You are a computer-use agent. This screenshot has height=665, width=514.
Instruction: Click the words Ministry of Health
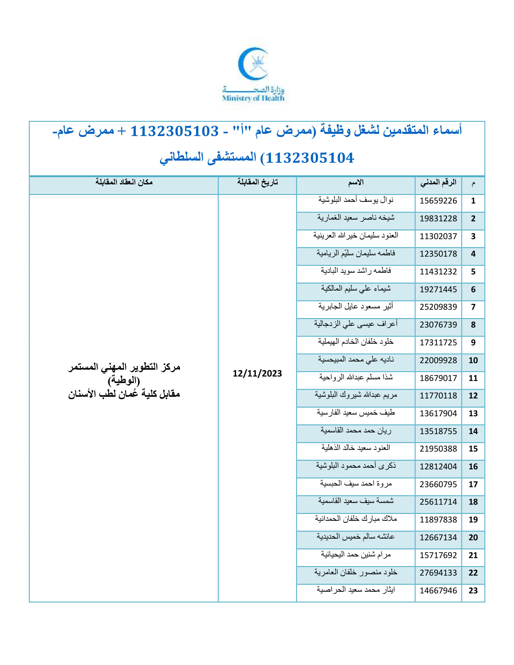[253, 98]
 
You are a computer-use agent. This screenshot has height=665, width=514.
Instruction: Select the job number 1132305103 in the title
[175, 131]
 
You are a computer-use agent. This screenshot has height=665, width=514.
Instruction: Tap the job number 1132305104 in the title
[310, 158]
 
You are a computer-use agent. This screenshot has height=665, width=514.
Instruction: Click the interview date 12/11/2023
[257, 373]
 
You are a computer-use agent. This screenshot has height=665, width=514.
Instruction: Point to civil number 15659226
[438, 201]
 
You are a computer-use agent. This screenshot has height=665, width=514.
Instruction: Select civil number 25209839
[438, 307]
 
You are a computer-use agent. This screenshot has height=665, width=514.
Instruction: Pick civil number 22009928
[438, 360]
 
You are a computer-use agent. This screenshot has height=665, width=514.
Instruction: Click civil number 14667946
[438, 591]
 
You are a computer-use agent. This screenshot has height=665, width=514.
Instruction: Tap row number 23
[473, 591]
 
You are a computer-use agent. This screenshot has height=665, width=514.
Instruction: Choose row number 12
[473, 396]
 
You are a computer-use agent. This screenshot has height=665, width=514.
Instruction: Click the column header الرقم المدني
[438, 183]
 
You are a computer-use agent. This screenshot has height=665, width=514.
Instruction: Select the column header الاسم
[356, 183]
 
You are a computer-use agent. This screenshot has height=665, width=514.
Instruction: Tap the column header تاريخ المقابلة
[257, 183]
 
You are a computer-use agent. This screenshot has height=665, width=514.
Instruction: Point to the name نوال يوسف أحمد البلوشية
[356, 200]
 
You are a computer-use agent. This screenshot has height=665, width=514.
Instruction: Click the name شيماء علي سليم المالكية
[356, 289]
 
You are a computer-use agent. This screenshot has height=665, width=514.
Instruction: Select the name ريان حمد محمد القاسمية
[356, 430]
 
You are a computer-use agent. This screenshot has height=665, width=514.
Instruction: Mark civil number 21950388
[438, 449]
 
